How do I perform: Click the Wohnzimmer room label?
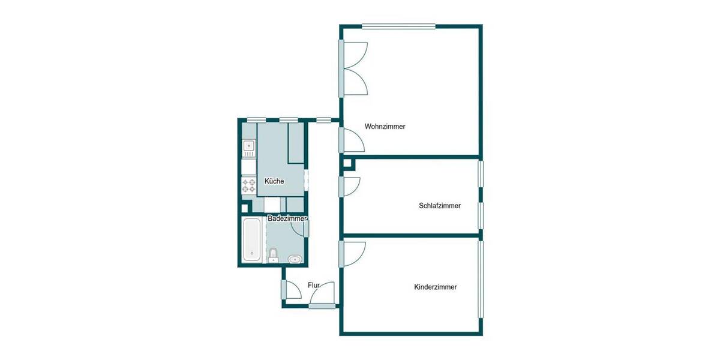tap(385, 127)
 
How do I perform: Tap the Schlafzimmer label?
tap(439, 206)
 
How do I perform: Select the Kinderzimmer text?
tap(435, 287)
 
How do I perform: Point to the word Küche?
tap(274, 181)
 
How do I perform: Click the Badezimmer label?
tap(287, 218)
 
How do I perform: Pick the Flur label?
tap(313, 285)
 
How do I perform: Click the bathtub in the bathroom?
tap(252, 240)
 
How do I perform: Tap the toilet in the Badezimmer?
tap(274, 255)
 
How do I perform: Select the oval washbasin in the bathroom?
tap(295, 259)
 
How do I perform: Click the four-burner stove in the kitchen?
tap(248, 185)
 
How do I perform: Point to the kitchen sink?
tap(248, 146)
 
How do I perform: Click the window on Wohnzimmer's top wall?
tap(398, 26)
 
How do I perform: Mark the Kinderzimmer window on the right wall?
tap(480, 279)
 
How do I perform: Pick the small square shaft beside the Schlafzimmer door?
tap(347, 162)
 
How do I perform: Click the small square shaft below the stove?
tap(244, 208)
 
